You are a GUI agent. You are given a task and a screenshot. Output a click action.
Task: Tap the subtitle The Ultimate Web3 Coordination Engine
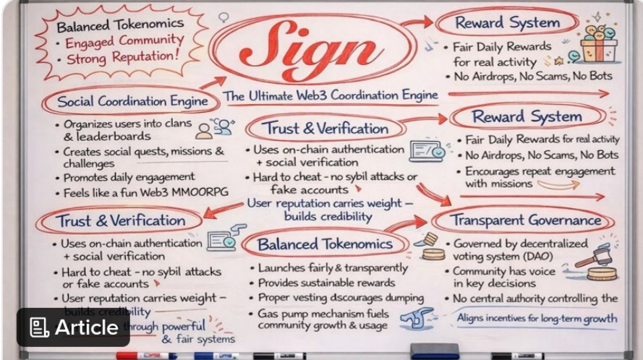(x=330, y=95)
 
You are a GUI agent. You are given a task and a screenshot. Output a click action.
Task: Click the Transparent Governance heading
(x=526, y=220)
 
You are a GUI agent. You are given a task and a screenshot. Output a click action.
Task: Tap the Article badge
(x=74, y=327)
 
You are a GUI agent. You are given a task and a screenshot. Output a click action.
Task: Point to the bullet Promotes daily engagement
(x=129, y=177)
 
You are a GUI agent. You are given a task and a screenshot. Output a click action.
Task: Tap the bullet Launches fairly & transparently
(x=333, y=267)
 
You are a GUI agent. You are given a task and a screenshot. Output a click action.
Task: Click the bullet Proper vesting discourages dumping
(x=341, y=298)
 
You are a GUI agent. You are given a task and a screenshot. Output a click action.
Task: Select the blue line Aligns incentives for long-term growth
(x=537, y=317)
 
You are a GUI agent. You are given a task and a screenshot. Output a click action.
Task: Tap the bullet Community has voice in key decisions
(x=505, y=278)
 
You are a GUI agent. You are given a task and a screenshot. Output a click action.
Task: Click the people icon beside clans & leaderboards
(x=216, y=128)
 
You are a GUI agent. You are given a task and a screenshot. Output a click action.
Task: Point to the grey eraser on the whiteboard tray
(x=434, y=351)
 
